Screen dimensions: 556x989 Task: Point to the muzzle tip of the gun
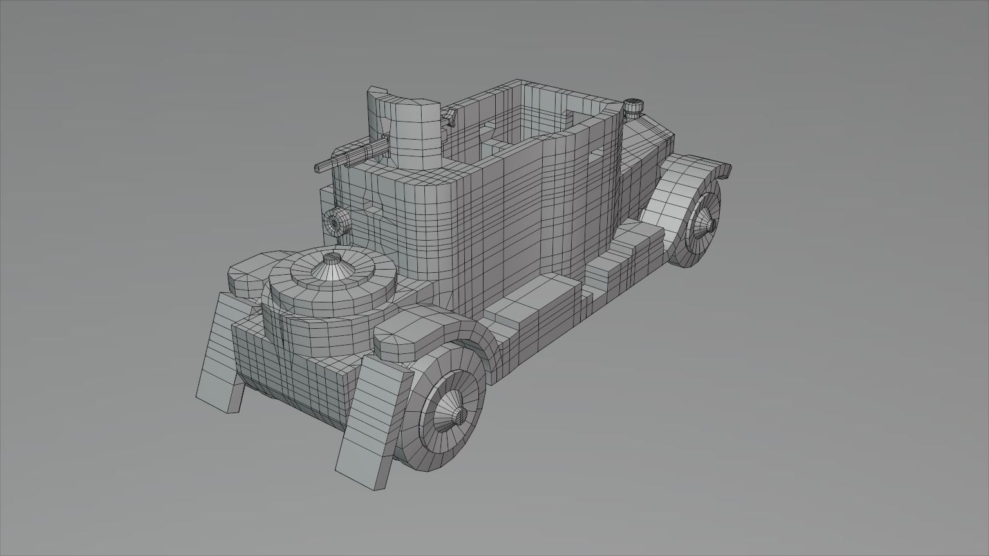[317, 168]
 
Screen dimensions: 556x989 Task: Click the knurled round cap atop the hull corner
[634, 107]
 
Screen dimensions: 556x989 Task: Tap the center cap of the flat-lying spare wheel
[331, 261]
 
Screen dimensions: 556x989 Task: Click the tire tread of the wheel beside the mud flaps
[412, 444]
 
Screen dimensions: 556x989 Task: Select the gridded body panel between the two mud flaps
[290, 367]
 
